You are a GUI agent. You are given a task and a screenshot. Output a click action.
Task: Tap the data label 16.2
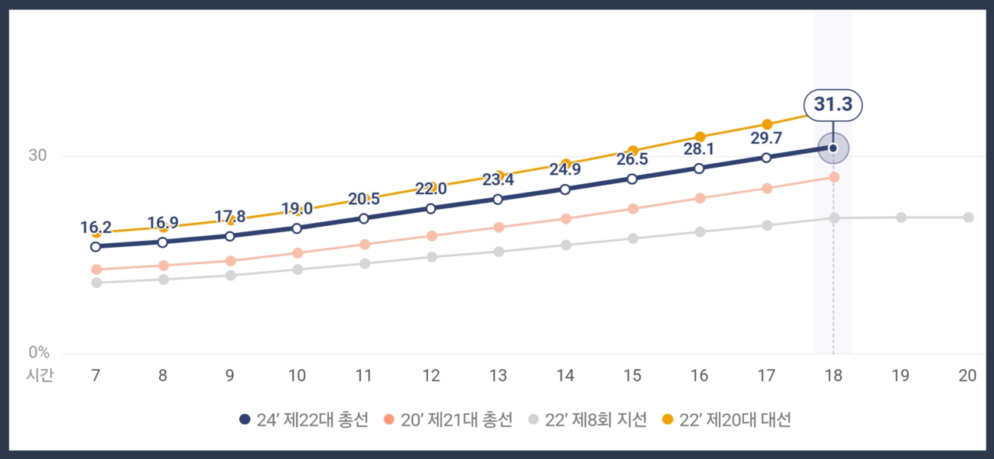pos(96,228)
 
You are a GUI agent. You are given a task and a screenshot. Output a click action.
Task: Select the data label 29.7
pos(766,138)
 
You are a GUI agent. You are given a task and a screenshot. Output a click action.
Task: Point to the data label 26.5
pos(632,159)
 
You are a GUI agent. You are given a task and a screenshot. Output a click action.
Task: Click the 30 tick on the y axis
pos(38,155)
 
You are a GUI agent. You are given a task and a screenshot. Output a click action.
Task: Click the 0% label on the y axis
pos(39,353)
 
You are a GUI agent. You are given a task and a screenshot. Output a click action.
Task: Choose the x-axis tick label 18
pos(832,376)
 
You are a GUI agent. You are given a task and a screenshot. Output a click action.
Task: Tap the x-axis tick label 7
pos(96,376)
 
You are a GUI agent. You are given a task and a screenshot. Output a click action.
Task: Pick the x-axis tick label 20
pos(967,376)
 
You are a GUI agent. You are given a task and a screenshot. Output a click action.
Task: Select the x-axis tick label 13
pos(498,376)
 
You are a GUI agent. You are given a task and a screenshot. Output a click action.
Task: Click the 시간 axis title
pos(40,376)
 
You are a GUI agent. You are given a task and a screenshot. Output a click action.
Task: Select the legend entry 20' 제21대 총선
pos(449,419)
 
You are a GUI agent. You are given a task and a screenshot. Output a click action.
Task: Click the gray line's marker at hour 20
pos(968,217)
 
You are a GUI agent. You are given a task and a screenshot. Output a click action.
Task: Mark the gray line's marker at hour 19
pos(901,217)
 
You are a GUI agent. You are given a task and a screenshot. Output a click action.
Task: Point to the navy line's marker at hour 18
pos(832,148)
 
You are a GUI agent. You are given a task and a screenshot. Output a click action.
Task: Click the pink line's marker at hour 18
pos(833,177)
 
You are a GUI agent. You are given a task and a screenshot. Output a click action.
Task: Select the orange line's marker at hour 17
pos(766,124)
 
